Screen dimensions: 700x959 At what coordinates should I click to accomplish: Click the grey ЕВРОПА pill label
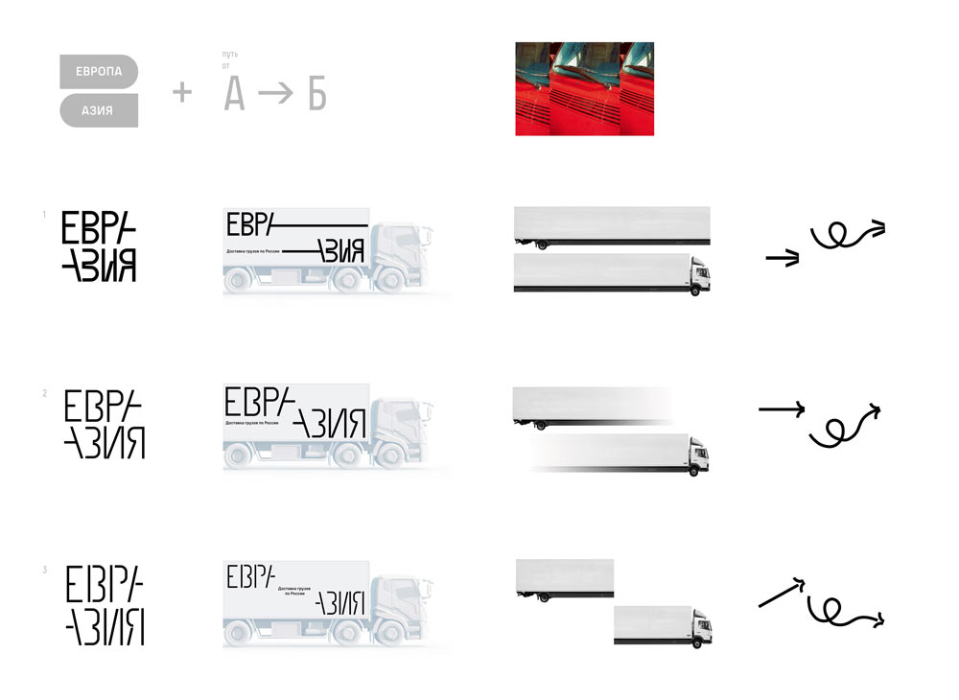[99, 71]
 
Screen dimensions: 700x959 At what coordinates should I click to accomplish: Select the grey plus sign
[181, 92]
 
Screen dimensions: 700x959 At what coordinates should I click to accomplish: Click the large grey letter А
[234, 95]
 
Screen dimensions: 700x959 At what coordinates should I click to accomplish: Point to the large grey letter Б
[316, 95]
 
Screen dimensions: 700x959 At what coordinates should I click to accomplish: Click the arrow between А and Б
[275, 96]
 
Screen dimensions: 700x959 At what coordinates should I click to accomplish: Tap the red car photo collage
[584, 88]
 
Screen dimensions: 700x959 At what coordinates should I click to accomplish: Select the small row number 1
[44, 215]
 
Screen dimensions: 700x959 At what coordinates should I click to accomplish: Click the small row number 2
[44, 393]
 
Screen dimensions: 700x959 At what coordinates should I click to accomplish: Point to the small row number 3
[44, 571]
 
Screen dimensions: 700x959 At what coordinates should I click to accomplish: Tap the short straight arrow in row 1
[783, 258]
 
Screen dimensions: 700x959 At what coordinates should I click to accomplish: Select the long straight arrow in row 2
[782, 409]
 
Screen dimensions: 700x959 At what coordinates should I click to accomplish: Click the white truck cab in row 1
[699, 274]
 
